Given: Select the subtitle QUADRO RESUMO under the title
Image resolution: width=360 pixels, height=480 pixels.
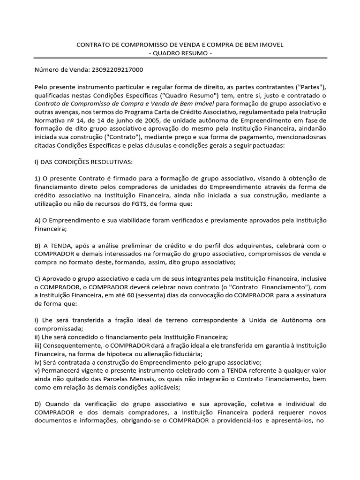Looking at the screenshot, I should (180, 53).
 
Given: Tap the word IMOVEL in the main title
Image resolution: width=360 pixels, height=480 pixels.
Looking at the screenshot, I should (272, 45).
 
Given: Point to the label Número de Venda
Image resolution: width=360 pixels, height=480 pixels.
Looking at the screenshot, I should (59, 70).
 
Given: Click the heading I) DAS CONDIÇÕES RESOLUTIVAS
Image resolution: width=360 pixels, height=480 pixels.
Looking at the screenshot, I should (83, 162).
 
